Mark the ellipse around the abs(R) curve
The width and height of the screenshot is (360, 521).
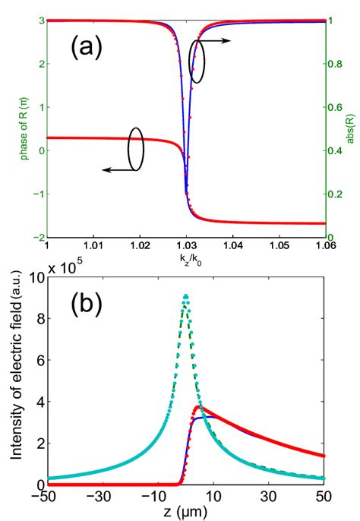(197, 62)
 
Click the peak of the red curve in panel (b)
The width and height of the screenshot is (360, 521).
(199, 407)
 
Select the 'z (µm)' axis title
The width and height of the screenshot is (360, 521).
(185, 512)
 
